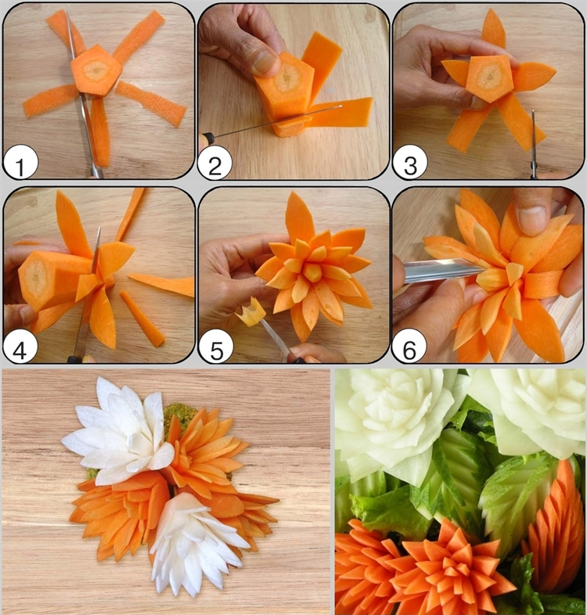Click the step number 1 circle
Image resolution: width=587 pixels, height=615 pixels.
click(20, 163)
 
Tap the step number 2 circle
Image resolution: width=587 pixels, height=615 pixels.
click(214, 163)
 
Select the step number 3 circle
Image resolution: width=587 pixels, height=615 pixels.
click(409, 163)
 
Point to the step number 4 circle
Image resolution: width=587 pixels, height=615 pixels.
click(20, 347)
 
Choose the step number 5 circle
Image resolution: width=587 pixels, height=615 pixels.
click(216, 347)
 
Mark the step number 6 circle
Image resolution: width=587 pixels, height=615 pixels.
click(409, 347)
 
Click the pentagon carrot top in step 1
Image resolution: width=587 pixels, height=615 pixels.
click(96, 70)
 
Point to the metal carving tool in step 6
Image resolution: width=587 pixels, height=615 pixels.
click(444, 270)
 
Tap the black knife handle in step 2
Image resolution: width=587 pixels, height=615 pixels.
click(207, 137)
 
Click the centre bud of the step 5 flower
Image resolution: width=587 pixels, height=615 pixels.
click(313, 272)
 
